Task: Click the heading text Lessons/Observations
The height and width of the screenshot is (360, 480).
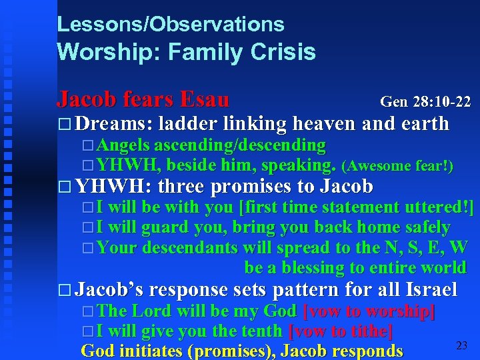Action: [171, 25]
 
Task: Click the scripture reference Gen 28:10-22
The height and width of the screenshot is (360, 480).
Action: [425, 102]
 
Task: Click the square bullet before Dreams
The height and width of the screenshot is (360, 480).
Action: [64, 124]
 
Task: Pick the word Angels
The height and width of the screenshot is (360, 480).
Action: [123, 145]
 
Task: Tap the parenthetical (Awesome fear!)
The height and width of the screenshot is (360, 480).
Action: [397, 166]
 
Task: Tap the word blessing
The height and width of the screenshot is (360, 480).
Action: [300, 267]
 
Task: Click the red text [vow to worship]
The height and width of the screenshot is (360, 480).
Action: [369, 311]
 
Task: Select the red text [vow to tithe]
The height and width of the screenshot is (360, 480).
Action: [340, 331]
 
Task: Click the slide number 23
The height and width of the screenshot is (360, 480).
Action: [461, 345]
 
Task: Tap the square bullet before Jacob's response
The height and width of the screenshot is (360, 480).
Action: [64, 290]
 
